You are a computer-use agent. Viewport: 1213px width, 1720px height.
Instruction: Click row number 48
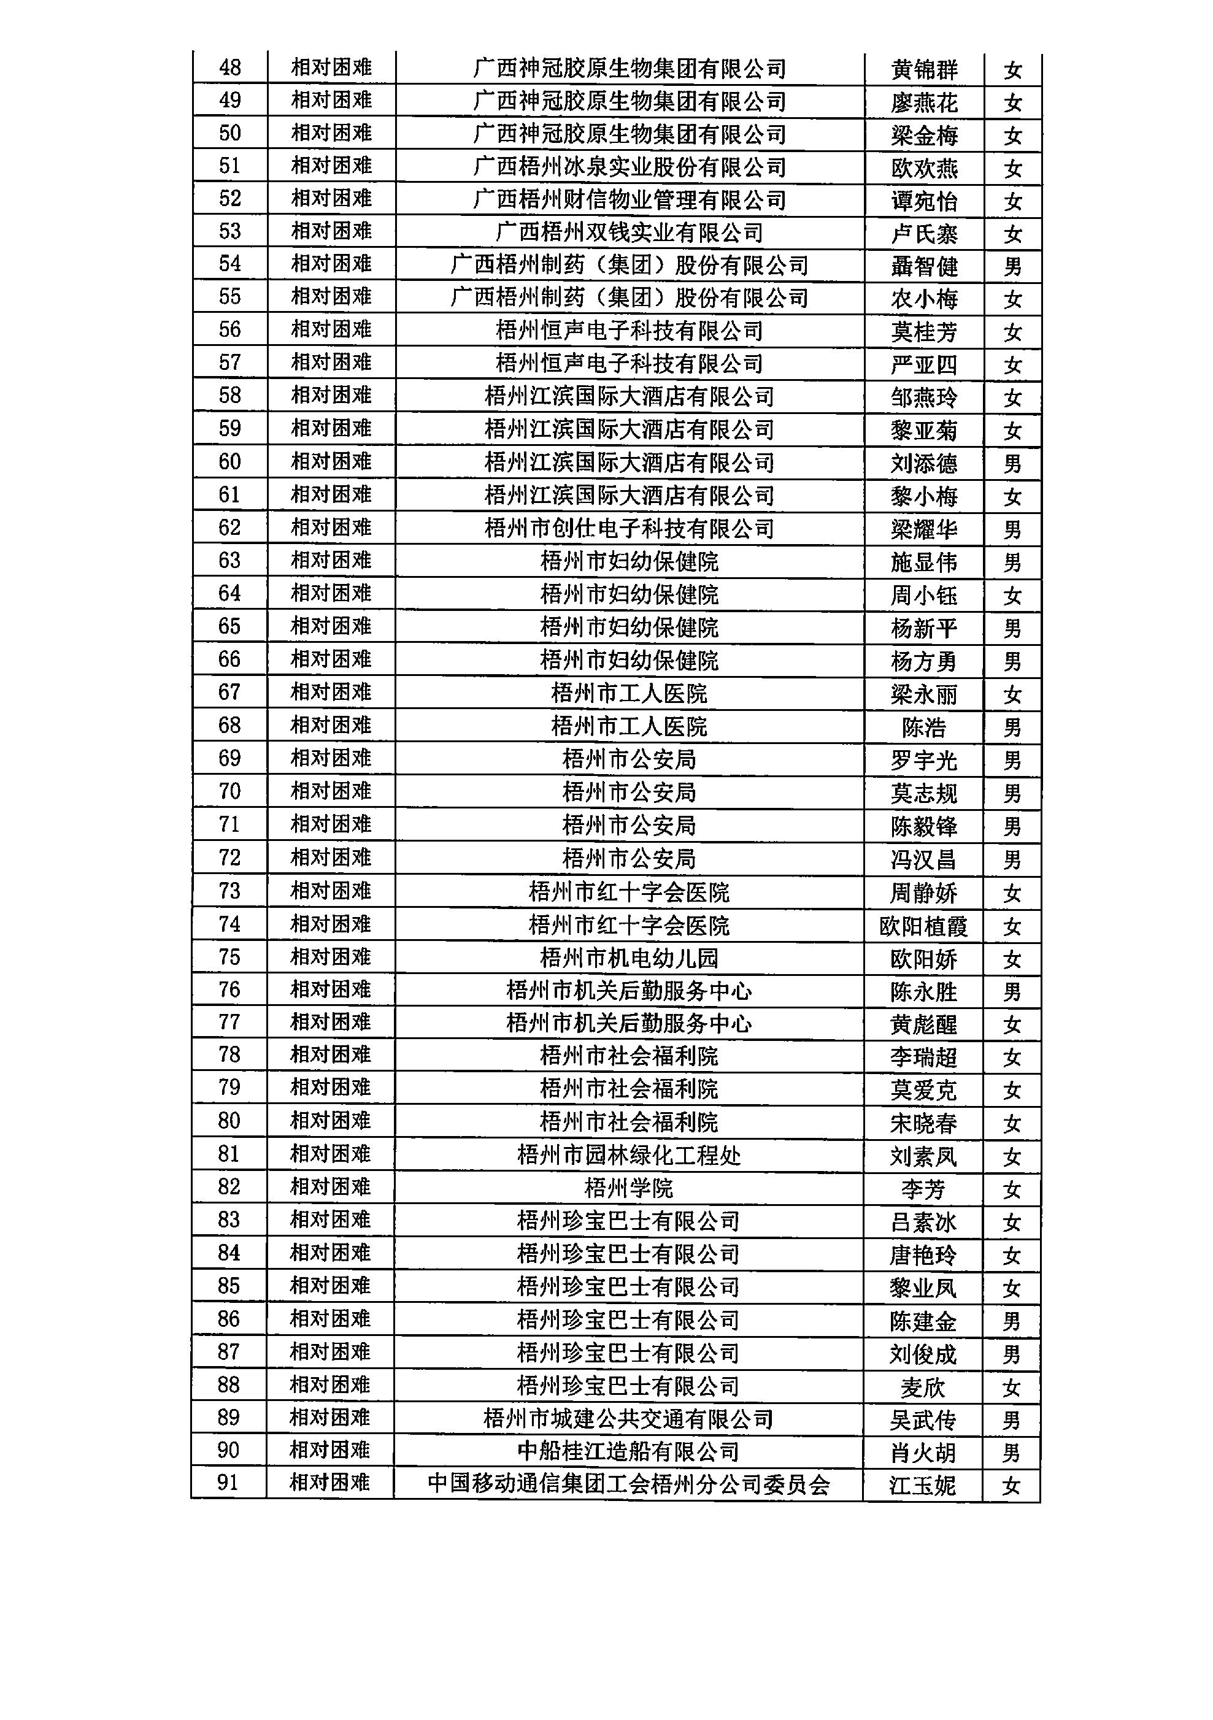pos(229,67)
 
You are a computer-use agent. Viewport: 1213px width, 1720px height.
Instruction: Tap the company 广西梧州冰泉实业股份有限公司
pos(630,167)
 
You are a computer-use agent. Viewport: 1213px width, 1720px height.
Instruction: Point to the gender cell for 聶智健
pos(1012,267)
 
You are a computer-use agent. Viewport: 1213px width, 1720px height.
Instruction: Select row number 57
pos(229,363)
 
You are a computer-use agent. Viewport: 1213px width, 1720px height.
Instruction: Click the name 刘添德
pos(924,464)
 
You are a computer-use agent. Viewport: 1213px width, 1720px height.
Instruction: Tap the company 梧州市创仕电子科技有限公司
pos(630,529)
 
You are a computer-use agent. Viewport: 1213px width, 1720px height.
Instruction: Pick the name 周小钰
pos(924,596)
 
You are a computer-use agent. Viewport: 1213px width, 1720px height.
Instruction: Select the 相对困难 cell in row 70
pos(331,791)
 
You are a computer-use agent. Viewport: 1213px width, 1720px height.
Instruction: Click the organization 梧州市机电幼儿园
pos(630,958)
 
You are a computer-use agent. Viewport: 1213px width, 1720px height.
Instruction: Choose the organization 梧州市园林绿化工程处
pos(630,1155)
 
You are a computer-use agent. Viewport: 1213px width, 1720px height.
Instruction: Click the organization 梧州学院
pos(630,1188)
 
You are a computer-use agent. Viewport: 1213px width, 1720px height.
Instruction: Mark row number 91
pos(228,1483)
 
